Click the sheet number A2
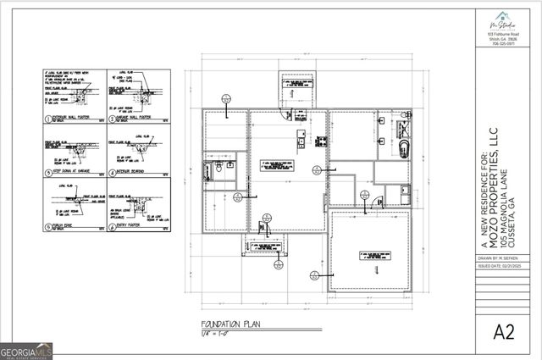[504, 332]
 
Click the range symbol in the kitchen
[321, 141]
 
